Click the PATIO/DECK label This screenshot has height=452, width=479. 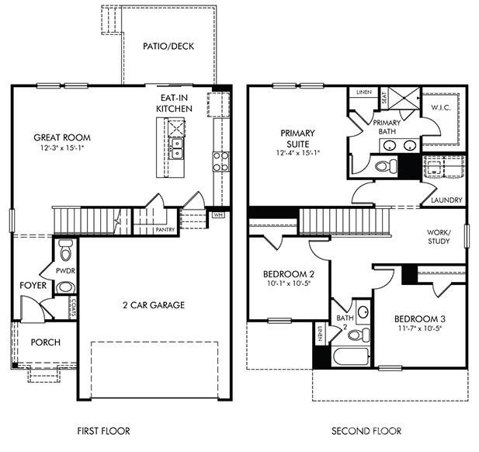tap(168, 47)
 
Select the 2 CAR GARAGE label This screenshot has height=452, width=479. tap(153, 305)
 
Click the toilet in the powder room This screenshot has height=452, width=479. tap(65, 251)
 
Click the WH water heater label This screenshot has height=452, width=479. tap(196, 215)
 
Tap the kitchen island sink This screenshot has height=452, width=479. tap(177, 144)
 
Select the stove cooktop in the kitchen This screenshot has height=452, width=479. tap(220, 161)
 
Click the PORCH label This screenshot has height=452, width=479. tap(44, 342)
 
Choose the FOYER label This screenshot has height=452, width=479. tap(33, 286)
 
